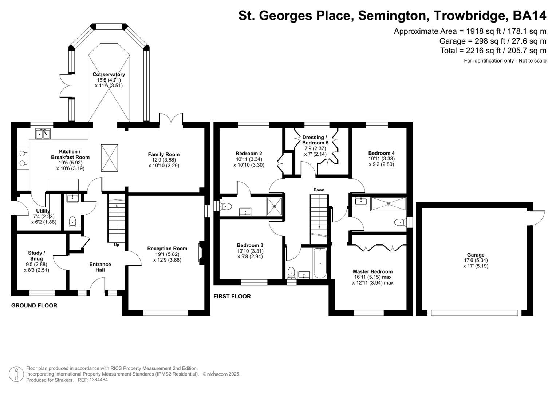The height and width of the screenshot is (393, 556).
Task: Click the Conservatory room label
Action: (109, 74)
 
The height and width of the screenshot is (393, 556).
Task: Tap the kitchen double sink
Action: (43, 134)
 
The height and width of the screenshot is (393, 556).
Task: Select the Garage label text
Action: (476, 255)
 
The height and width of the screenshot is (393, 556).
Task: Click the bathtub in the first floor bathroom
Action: (320, 263)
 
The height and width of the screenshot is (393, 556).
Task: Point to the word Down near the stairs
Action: (319, 190)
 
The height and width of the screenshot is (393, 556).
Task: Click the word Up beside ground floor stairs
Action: (117, 245)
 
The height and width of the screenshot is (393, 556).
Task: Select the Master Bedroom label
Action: (372, 271)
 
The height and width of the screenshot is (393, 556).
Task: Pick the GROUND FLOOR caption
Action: (34, 306)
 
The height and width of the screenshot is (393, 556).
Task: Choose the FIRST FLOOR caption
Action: (232, 297)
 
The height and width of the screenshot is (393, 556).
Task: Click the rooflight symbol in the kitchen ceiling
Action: (109, 158)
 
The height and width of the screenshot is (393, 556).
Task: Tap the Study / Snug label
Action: (36, 256)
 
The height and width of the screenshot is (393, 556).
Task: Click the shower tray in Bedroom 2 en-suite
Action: (275, 206)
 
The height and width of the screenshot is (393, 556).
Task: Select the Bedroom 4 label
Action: (381, 153)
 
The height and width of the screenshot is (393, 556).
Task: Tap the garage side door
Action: (538, 216)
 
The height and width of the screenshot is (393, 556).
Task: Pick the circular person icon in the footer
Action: (16, 374)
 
